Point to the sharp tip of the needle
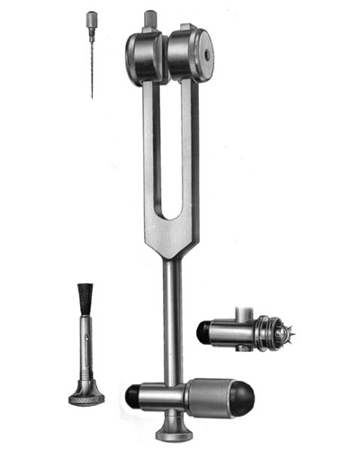92,96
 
